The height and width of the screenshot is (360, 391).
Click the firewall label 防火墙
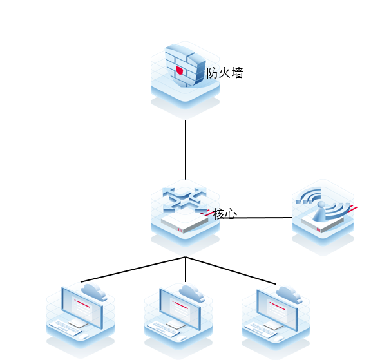[x=225, y=73]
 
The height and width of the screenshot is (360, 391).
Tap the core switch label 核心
[x=225, y=213]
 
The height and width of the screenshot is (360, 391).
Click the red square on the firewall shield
[x=180, y=70]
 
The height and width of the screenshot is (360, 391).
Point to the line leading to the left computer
[x=132, y=270]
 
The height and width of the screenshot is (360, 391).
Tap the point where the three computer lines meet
[x=186, y=257]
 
